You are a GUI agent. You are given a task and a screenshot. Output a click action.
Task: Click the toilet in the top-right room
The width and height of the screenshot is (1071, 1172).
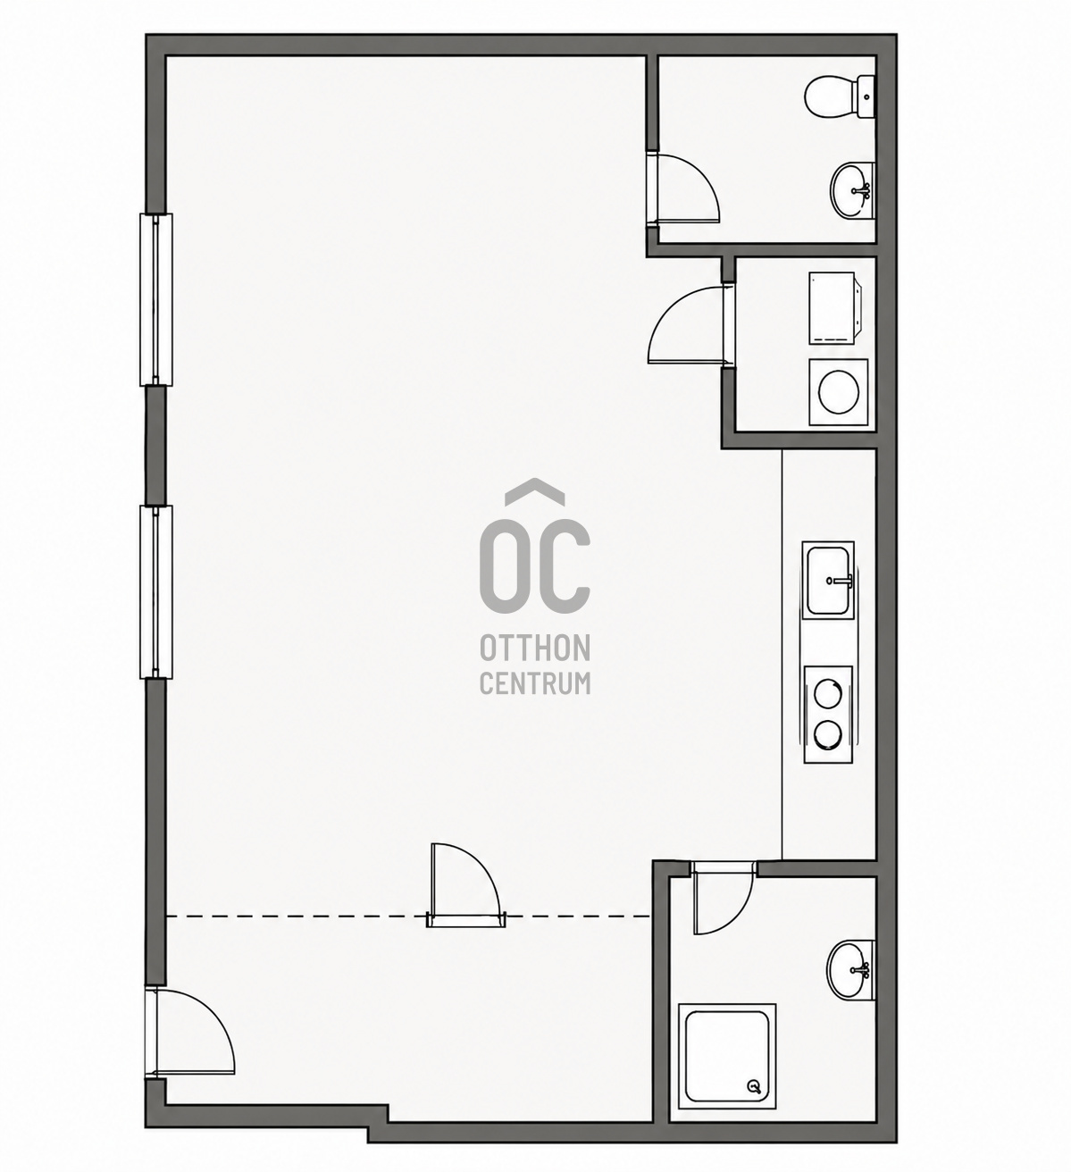(840, 98)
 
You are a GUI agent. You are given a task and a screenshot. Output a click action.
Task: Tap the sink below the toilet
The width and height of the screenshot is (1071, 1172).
(852, 190)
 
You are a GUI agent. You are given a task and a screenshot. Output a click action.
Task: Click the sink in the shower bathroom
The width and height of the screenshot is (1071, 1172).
(850, 970)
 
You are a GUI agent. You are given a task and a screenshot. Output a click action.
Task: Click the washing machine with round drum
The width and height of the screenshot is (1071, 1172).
(839, 392)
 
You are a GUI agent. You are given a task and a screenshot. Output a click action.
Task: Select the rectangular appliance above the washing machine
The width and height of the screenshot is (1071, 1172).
(834, 308)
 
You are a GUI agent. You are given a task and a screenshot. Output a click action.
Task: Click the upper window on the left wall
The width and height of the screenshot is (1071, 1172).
(156, 300)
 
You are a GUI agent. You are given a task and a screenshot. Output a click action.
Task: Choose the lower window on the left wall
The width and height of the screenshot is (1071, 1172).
(156, 592)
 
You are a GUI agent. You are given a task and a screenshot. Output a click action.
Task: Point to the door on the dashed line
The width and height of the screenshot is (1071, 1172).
(465, 886)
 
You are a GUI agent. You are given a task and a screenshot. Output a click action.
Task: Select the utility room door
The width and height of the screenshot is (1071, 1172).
(690, 325)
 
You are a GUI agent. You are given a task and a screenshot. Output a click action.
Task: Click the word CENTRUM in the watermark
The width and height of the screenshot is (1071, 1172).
(535, 683)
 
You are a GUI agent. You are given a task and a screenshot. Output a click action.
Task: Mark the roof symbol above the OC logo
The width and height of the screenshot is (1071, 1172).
(535, 490)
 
